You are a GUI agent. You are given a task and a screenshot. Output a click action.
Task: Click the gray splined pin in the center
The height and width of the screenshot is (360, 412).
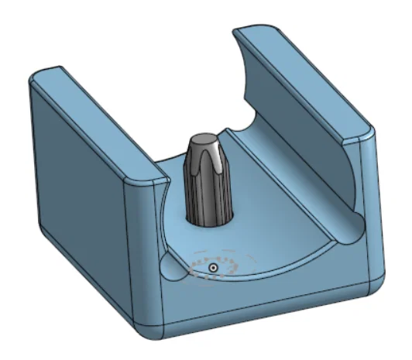(207, 182)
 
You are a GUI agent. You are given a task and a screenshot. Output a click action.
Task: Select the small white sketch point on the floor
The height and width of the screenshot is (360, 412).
(213, 268)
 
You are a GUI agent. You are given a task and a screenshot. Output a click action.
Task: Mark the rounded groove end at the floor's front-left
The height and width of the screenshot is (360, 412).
(172, 266)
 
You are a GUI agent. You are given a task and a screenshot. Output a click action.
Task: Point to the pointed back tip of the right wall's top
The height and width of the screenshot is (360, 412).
(240, 32)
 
